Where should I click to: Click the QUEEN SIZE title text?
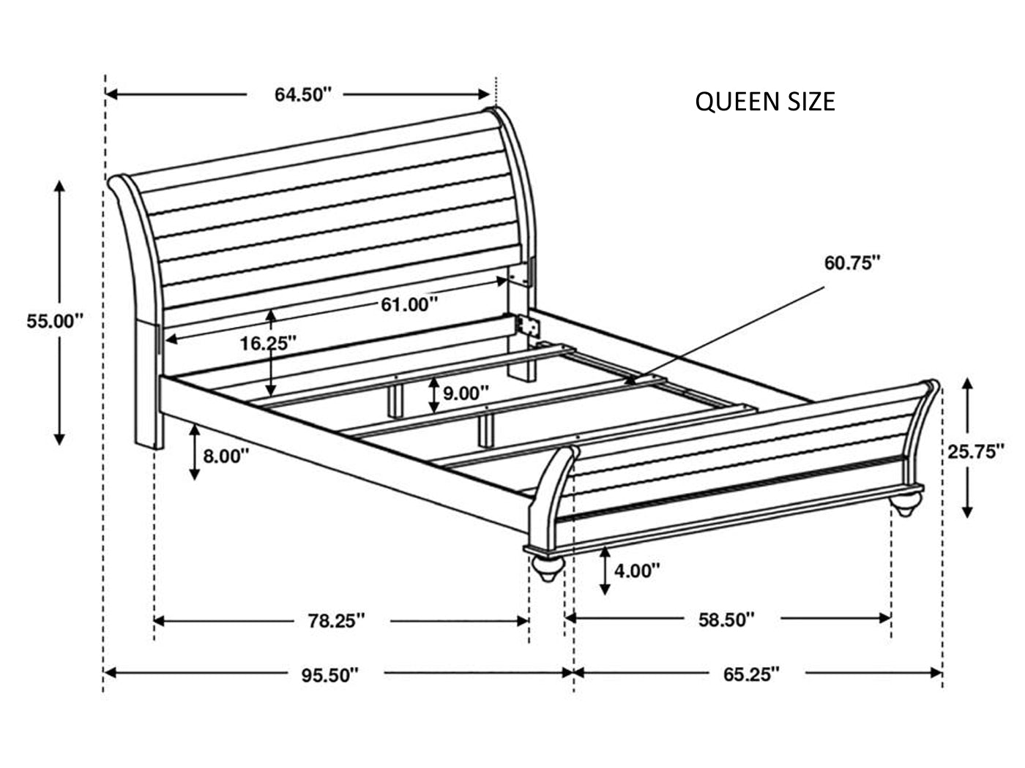[x=764, y=102]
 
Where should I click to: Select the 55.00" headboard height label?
[x=55, y=321]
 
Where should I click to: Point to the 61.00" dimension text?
[x=409, y=305]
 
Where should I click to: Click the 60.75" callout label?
[x=851, y=263]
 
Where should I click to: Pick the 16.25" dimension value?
[x=268, y=344]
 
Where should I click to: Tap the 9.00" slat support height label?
[x=466, y=393]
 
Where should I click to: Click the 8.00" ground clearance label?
[x=226, y=456]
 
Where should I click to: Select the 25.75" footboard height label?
[x=975, y=451]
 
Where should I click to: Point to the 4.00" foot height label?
[x=637, y=570]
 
